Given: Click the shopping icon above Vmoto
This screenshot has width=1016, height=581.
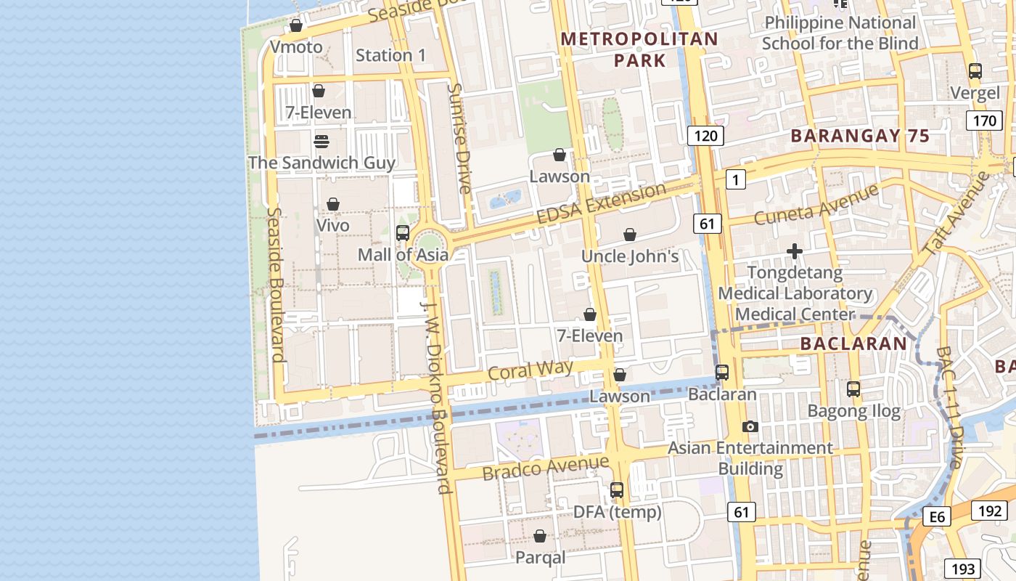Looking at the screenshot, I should pyautogui.click(x=296, y=26).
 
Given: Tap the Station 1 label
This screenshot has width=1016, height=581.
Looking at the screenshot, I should pyautogui.click(x=390, y=55).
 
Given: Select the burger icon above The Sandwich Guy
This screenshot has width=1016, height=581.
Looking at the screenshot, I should pyautogui.click(x=321, y=141).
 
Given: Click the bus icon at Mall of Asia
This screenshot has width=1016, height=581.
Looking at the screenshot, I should pyautogui.click(x=403, y=233).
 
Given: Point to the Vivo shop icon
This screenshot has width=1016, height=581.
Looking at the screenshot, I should pyautogui.click(x=333, y=204).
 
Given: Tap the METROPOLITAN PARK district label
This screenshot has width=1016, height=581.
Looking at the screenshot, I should pyautogui.click(x=639, y=49).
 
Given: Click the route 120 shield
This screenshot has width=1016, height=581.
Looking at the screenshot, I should pyautogui.click(x=705, y=135).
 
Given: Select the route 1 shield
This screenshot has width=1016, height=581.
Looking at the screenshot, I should pyautogui.click(x=736, y=179).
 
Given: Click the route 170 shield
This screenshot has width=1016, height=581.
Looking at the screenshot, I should pyautogui.click(x=984, y=120).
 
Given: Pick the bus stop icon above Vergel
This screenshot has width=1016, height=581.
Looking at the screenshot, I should pyautogui.click(x=975, y=71).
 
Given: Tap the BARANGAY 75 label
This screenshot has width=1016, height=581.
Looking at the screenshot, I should pyautogui.click(x=860, y=136).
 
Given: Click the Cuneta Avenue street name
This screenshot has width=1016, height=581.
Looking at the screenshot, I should pyautogui.click(x=816, y=205).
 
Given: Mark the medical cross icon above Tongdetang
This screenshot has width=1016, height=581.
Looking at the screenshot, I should pyautogui.click(x=795, y=251).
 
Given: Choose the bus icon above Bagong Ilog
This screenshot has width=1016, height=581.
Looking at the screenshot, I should pyautogui.click(x=853, y=389).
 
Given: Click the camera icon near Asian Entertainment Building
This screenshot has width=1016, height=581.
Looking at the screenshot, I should pyautogui.click(x=750, y=426).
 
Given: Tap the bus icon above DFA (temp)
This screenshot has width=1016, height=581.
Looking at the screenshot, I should pyautogui.click(x=617, y=490).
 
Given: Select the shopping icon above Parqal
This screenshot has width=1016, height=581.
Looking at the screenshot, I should pyautogui.click(x=540, y=536).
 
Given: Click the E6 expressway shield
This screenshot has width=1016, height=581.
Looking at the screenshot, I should pyautogui.click(x=937, y=516).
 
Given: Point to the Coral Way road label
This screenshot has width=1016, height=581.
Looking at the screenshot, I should pyautogui.click(x=530, y=370).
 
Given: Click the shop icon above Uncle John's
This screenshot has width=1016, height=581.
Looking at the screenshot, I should pyautogui.click(x=630, y=235).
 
